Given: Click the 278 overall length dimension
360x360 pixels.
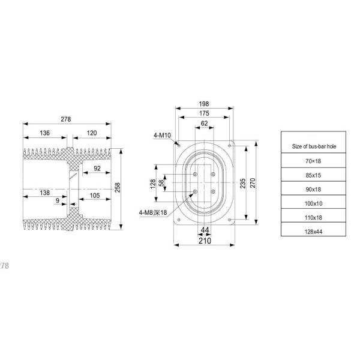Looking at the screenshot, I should (x=66, y=120).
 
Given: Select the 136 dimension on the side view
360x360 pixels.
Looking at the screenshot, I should (x=44, y=133).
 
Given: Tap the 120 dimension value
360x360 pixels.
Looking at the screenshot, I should (x=92, y=133).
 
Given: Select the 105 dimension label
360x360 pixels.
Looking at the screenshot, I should (x=95, y=195).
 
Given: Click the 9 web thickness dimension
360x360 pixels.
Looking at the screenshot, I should (x=57, y=200).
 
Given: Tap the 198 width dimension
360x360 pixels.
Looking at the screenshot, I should (x=204, y=104).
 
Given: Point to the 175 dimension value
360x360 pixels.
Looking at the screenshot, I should (x=204, y=113).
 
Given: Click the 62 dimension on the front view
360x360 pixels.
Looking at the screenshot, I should (x=204, y=123).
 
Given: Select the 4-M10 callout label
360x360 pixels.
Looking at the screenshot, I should (x=162, y=136).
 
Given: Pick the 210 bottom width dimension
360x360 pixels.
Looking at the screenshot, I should (x=204, y=241).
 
